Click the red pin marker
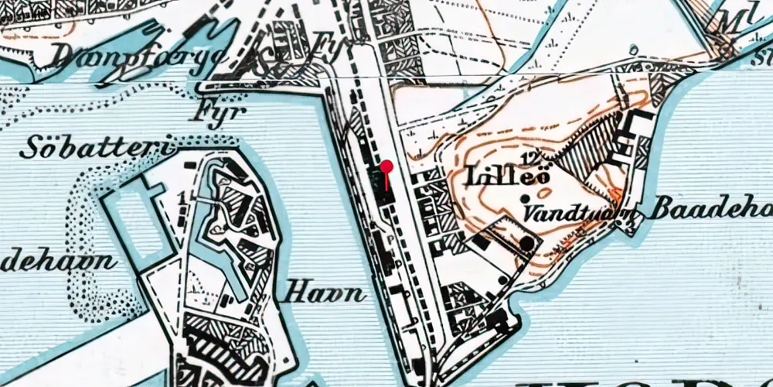386,166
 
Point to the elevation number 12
530,159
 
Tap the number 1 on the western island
180,198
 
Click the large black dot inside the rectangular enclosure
527,244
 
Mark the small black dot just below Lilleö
526,199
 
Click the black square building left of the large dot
481,242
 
